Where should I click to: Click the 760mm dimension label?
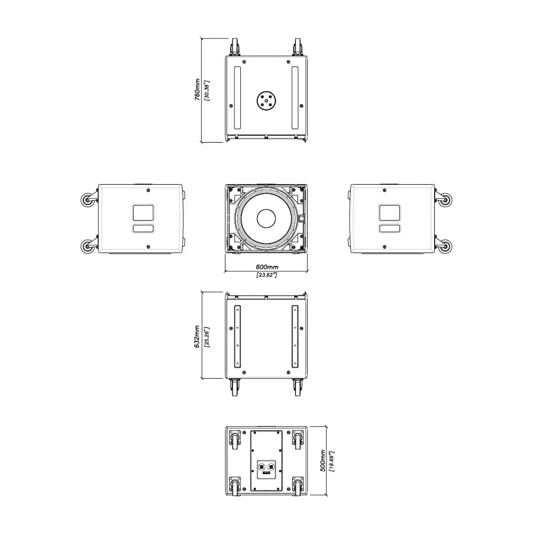pyautogui.click(x=198, y=90)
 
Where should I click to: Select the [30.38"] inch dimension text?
pyautogui.click(x=207, y=90)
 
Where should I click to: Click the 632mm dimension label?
pyautogui.click(x=198, y=337)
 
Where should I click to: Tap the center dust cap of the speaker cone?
pyautogui.click(x=265, y=218)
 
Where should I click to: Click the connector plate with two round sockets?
pyautogui.click(x=266, y=469)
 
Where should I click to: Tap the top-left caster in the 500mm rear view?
pyautogui.click(x=234, y=439)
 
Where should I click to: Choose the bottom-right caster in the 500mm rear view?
pyautogui.click(x=297, y=486)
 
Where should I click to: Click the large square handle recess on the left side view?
pyautogui.click(x=143, y=213)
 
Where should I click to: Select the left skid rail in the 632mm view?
pyautogui.click(x=237, y=336)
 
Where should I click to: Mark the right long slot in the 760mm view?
pyautogui.click(x=295, y=98)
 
